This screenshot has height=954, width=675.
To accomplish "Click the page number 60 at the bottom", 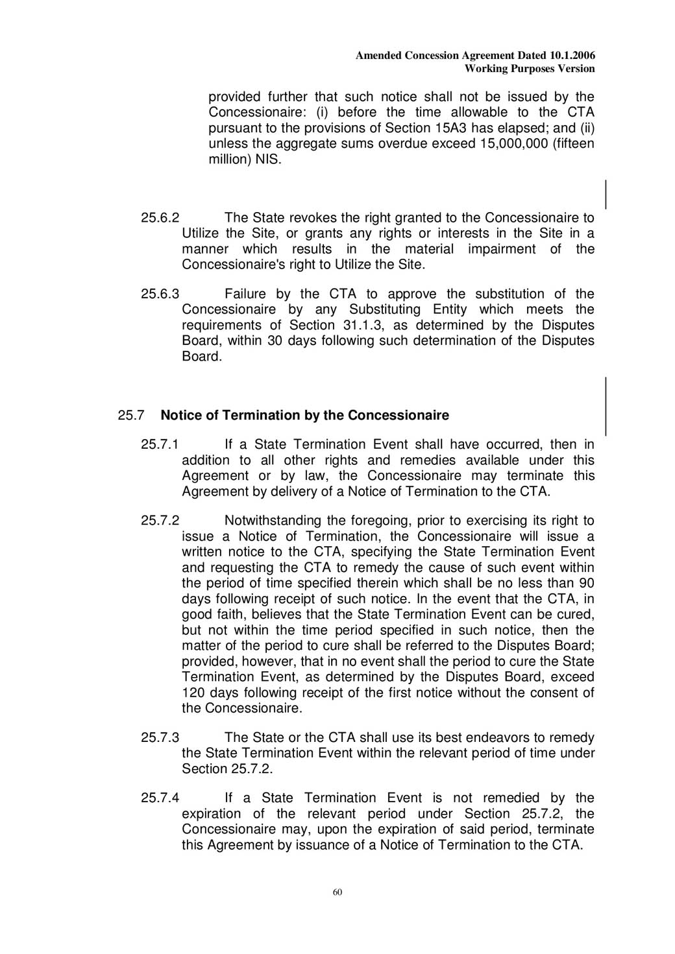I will [x=337, y=892].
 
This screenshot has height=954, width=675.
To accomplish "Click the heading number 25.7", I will [x=131, y=415].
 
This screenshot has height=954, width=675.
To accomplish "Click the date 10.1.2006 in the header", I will [x=572, y=56].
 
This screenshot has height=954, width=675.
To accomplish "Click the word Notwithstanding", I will [x=273, y=521].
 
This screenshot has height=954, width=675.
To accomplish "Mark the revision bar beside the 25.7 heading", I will [x=606, y=406].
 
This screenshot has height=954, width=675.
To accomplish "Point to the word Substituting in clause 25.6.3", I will [x=386, y=310].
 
